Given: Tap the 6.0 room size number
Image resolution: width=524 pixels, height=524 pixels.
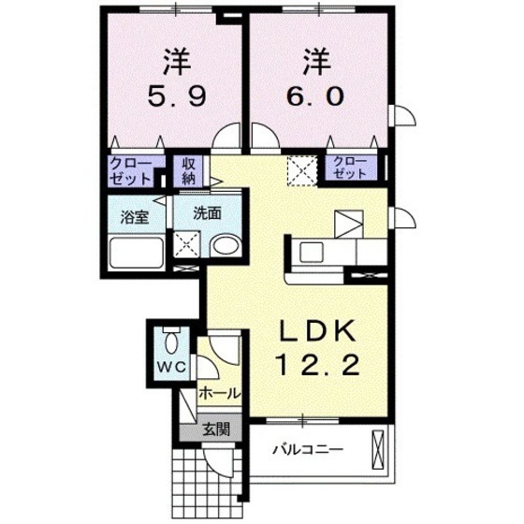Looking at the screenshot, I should click(x=315, y=95).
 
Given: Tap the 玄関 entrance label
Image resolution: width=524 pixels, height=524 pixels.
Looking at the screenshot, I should click(x=214, y=430).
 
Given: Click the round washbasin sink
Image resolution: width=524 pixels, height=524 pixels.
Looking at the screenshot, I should click(x=224, y=248).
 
